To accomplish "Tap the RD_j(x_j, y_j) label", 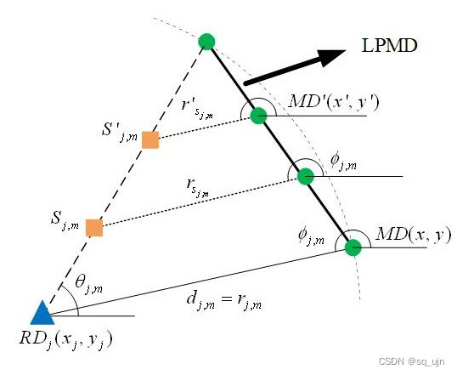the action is coord(66,340).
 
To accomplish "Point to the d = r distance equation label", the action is coord(224,301).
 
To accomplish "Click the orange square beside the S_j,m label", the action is coord(94,228).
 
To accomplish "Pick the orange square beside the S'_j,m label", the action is coord(150,139).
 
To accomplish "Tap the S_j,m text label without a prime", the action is coord(65,220).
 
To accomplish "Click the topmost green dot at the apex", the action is coord(206,42).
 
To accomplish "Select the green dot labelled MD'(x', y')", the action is coord(258,116).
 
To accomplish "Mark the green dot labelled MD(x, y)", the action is coord(353,247).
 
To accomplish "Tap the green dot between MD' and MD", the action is coord(306,176).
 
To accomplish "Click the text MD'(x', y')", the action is coord(334,102).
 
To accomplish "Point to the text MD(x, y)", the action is coord(414,235).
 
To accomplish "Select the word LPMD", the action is coord(389,46).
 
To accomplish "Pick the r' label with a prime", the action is coord(197,110).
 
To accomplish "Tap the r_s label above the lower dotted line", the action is coord(197,188).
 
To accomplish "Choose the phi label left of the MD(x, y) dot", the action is coord(311,236).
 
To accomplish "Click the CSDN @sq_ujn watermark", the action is coord(411,361).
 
